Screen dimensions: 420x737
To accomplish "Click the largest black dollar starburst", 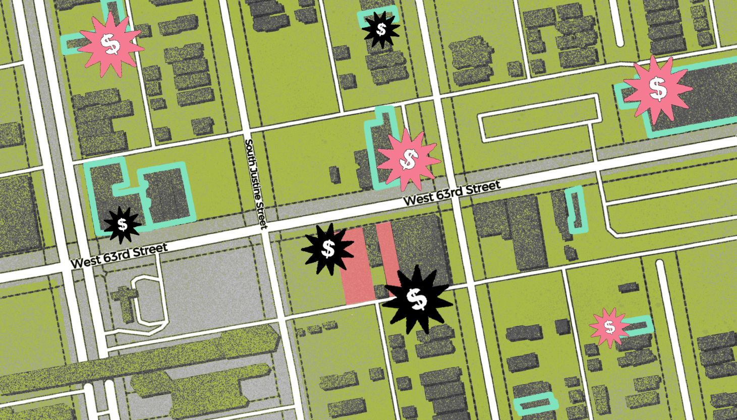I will (x=417, y=299).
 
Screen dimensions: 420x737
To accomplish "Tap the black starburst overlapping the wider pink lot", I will (x=328, y=249).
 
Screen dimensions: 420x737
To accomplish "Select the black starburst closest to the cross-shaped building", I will (x=122, y=224).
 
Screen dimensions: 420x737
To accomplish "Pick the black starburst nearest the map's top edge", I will (x=381, y=30).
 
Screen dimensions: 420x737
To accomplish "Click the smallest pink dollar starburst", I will (x=609, y=328).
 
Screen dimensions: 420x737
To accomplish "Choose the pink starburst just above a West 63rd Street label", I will (x=408, y=160).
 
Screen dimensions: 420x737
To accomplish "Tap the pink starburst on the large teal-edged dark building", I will (x=657, y=89).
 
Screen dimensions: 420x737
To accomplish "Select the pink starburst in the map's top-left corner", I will (x=110, y=44).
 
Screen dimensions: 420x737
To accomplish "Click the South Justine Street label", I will (x=256, y=184).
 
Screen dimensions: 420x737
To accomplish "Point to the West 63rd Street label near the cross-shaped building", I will (x=119, y=255).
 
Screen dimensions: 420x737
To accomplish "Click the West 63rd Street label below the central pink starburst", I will (x=451, y=192).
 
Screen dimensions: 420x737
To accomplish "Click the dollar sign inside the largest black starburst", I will (x=417, y=299).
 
